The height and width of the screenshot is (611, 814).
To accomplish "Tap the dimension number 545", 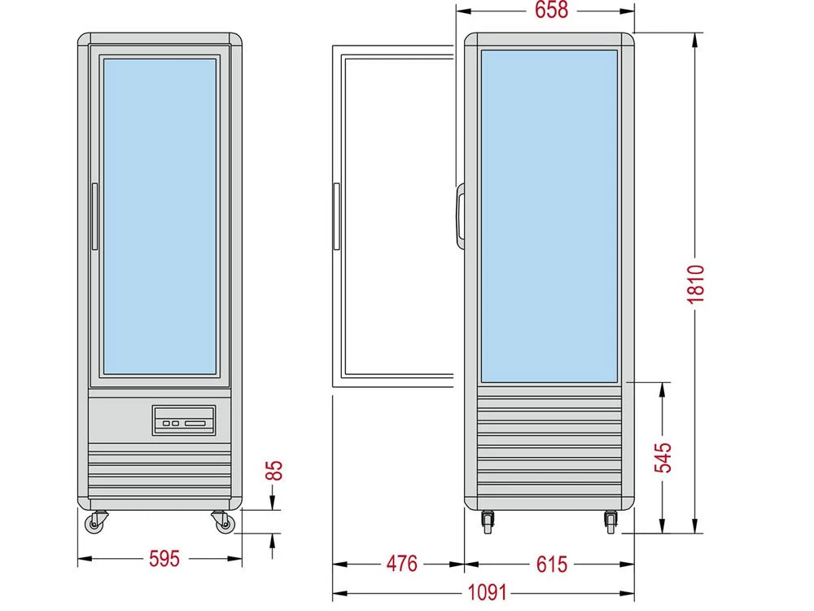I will tap(663, 458).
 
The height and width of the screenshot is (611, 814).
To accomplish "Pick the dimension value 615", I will tap(552, 564).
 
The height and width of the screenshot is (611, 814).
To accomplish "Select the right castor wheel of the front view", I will tap(221, 520).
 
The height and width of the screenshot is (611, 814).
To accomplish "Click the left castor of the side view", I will tap(488, 521).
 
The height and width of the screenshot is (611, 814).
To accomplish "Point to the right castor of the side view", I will tap(610, 521).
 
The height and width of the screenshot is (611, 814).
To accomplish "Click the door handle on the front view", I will tap(95, 217).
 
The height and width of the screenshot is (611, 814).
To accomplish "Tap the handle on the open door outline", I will tap(335, 217).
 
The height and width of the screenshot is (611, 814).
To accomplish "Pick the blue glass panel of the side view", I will tap(549, 216).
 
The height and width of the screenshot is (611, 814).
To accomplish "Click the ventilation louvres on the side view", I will tap(549, 444).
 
